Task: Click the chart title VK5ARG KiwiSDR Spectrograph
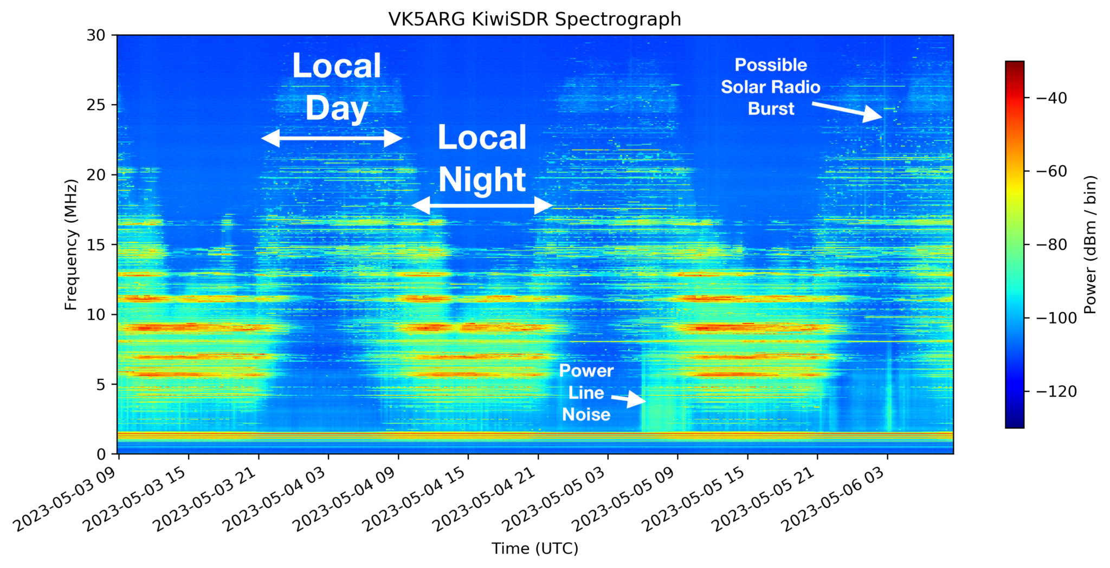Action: (x=534, y=20)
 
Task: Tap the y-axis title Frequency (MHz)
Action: (x=71, y=244)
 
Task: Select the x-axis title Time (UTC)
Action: (x=534, y=548)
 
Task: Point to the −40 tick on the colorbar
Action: (x=1051, y=98)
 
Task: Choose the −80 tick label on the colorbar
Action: (x=1051, y=244)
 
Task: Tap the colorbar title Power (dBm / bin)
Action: (x=1090, y=244)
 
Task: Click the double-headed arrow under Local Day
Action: (x=332, y=138)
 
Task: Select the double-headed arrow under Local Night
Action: (x=482, y=205)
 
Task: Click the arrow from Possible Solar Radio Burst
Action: (x=847, y=111)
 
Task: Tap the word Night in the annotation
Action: (x=482, y=179)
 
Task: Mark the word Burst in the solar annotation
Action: (x=771, y=109)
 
